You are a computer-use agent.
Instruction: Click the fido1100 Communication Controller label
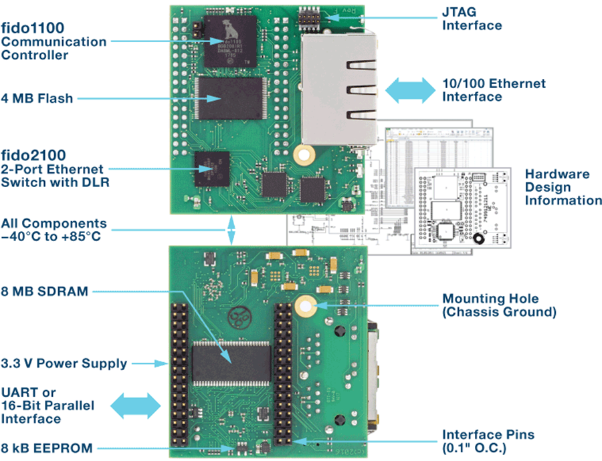pos(53,41)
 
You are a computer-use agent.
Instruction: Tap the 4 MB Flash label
pos(37,98)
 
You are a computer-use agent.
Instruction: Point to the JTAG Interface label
pos(472,19)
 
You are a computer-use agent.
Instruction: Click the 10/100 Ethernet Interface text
pos(494,90)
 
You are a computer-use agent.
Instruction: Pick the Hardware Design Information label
pos(562,187)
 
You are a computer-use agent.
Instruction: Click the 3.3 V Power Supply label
pos(64,363)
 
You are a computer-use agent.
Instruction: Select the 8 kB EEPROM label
pos(47,448)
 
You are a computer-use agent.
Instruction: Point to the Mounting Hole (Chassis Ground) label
pos(498,305)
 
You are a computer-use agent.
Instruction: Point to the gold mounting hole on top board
pos(305,156)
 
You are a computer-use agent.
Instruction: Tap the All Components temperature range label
pos(54,229)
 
